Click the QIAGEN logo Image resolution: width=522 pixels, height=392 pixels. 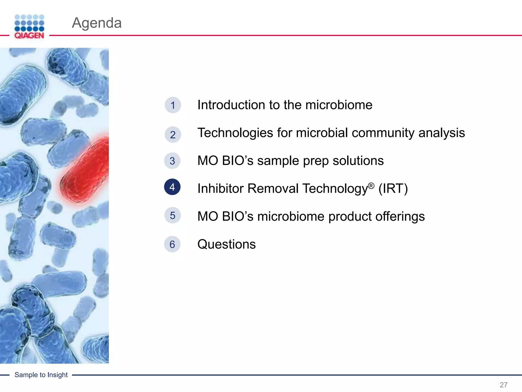click(29, 27)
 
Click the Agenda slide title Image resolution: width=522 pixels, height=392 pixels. click(97, 23)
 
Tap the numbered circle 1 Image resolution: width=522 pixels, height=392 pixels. click(173, 105)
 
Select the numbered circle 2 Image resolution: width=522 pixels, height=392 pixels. click(173, 135)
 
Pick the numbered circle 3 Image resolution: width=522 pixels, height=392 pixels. click(172, 161)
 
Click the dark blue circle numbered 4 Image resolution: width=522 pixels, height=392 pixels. click(172, 187)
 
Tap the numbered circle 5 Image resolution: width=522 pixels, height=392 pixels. click(173, 215)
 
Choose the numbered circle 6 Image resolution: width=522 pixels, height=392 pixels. click(172, 244)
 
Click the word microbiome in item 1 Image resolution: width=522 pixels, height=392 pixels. click(339, 105)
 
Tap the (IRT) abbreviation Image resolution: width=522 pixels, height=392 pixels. click(393, 189)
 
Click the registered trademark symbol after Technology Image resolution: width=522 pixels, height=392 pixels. click(371, 186)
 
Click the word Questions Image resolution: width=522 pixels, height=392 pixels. click(226, 244)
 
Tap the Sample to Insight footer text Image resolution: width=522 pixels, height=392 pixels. click(41, 375)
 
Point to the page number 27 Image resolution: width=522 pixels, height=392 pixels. click(503, 385)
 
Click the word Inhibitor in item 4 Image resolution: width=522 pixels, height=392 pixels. click(220, 189)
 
